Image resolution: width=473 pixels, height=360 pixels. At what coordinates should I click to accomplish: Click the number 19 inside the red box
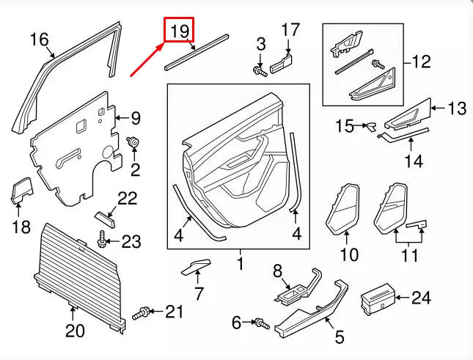[x=180, y=31]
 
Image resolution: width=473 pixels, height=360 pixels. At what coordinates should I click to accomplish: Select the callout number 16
[x=38, y=40]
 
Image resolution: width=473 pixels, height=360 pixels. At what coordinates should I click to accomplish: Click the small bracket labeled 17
[x=282, y=63]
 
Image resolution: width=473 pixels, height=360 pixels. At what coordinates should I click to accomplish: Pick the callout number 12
[x=421, y=62]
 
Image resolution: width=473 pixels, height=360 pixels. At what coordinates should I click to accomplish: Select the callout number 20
[x=75, y=331]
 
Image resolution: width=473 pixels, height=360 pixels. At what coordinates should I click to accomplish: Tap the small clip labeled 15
[x=369, y=126]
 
